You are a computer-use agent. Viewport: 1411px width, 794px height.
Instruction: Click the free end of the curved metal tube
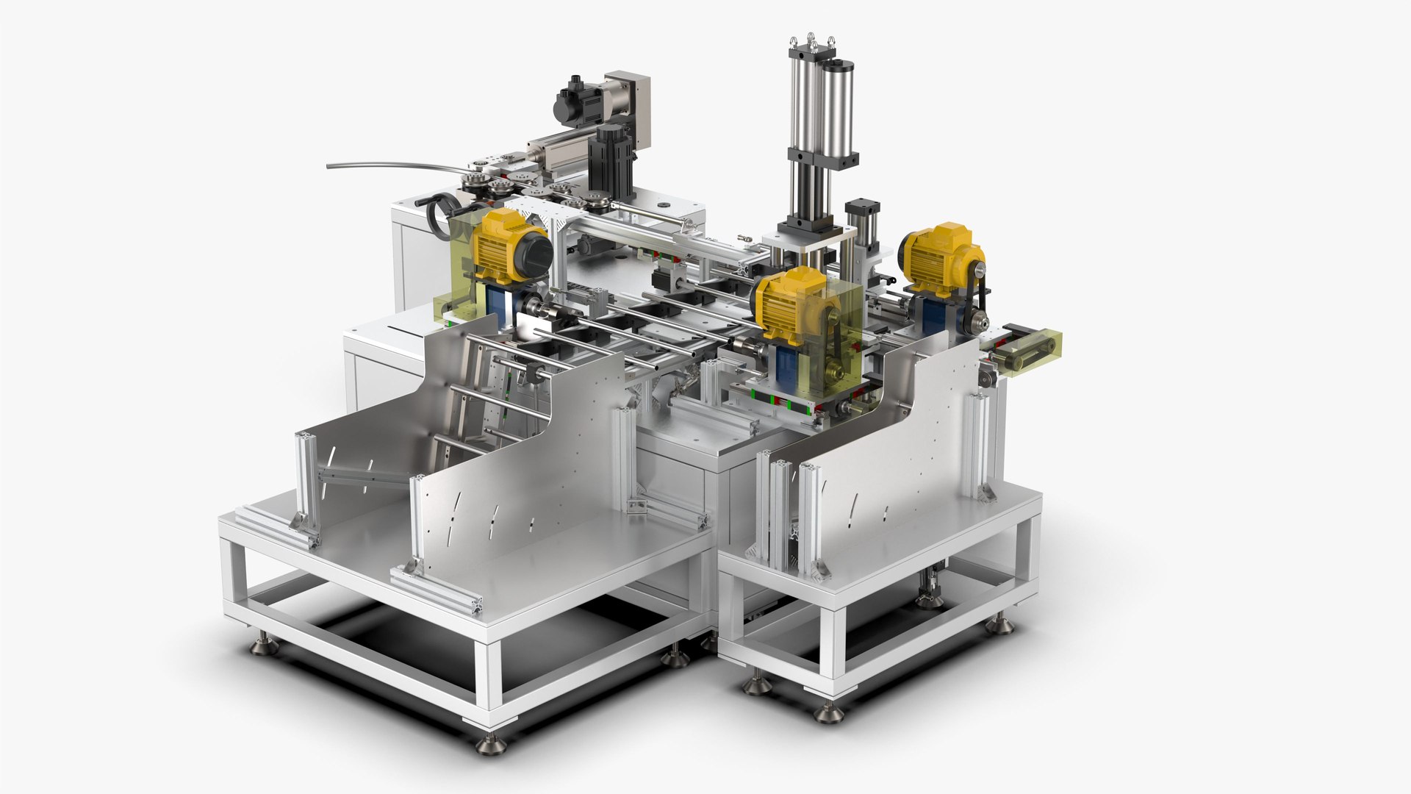330,165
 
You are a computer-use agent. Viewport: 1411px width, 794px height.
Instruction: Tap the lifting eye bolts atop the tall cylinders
812,40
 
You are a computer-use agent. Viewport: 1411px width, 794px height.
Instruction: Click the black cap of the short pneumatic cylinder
862,209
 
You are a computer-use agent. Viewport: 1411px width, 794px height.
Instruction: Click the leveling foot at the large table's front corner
491,743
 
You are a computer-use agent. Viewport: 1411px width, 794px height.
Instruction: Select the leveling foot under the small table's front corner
828,711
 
